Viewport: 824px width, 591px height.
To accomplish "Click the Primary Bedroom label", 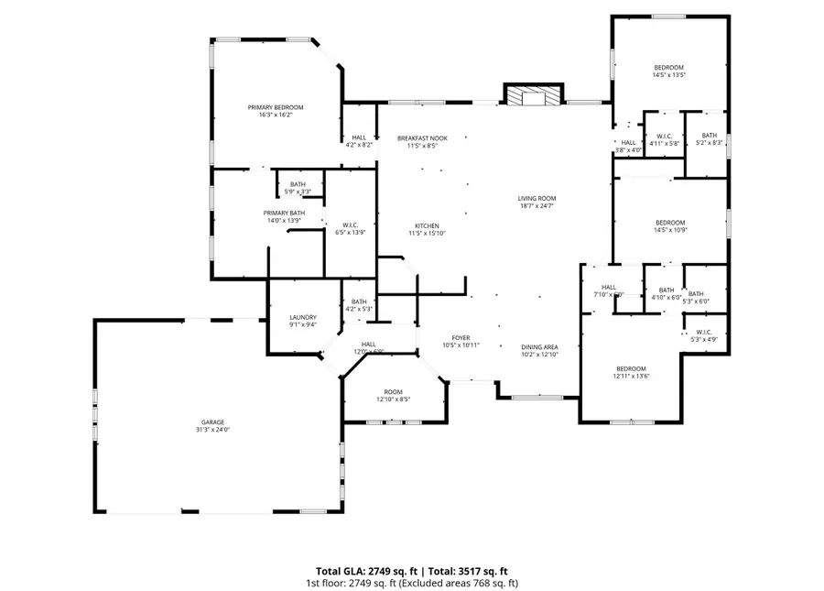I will point(275,108).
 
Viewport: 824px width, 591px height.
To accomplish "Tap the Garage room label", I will point(212,422).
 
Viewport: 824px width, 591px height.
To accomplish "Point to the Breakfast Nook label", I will point(421,138).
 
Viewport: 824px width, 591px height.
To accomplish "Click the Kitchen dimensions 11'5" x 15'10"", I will point(427,234).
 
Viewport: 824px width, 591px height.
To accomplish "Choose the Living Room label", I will point(537,198).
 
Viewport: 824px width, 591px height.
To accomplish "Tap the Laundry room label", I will point(302,316).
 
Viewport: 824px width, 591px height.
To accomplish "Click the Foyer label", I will point(461,338).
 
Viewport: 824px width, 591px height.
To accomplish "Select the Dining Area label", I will point(539,346).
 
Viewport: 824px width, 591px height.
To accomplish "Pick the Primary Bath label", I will point(283,213).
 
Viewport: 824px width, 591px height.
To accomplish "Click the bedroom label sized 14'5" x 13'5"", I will point(668,68).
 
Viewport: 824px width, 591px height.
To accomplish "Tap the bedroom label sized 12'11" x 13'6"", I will point(630,368).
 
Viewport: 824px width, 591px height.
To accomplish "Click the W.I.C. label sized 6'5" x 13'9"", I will point(350,225).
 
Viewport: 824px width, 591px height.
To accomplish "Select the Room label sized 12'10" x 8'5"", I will point(393,391).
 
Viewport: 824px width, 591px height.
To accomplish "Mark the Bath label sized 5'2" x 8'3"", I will point(710,137).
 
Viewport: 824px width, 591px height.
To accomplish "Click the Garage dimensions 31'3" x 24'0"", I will point(212,430).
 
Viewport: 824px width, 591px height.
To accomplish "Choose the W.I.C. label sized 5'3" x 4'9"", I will point(704,333).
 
